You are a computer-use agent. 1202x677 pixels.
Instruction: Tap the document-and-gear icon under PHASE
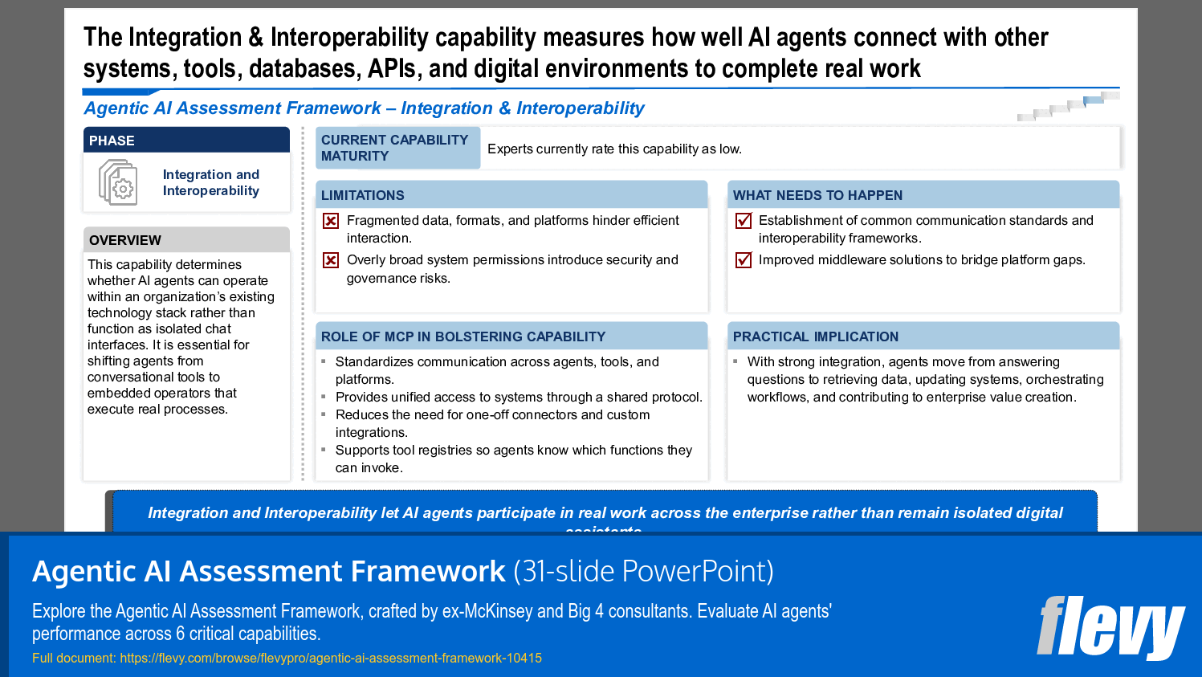pos(117,182)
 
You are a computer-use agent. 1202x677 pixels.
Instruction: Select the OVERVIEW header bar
pos(186,240)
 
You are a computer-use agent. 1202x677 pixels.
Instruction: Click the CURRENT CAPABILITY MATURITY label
pos(395,148)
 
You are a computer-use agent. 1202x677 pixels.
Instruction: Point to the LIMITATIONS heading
pos(363,195)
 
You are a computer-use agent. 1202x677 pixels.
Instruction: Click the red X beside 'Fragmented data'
pos(331,221)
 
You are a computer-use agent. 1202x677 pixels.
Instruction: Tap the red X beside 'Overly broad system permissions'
pos(331,260)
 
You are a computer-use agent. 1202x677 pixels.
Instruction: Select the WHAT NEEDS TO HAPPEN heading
pos(817,195)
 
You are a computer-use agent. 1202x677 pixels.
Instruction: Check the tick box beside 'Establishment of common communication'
pos(744,221)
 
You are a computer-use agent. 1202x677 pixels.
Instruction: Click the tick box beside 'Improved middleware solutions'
pos(744,260)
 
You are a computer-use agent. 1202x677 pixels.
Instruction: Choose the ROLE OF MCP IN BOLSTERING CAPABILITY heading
pos(463,336)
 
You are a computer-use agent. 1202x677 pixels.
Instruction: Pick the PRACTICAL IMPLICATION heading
pos(815,336)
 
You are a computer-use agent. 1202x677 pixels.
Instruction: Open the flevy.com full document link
pos(330,658)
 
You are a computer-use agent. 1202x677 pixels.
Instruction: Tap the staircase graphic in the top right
pos(1068,106)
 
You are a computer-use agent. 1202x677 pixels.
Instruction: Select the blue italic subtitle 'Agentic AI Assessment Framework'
pos(233,108)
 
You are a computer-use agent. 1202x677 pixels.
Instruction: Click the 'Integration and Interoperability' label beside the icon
pos(211,182)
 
